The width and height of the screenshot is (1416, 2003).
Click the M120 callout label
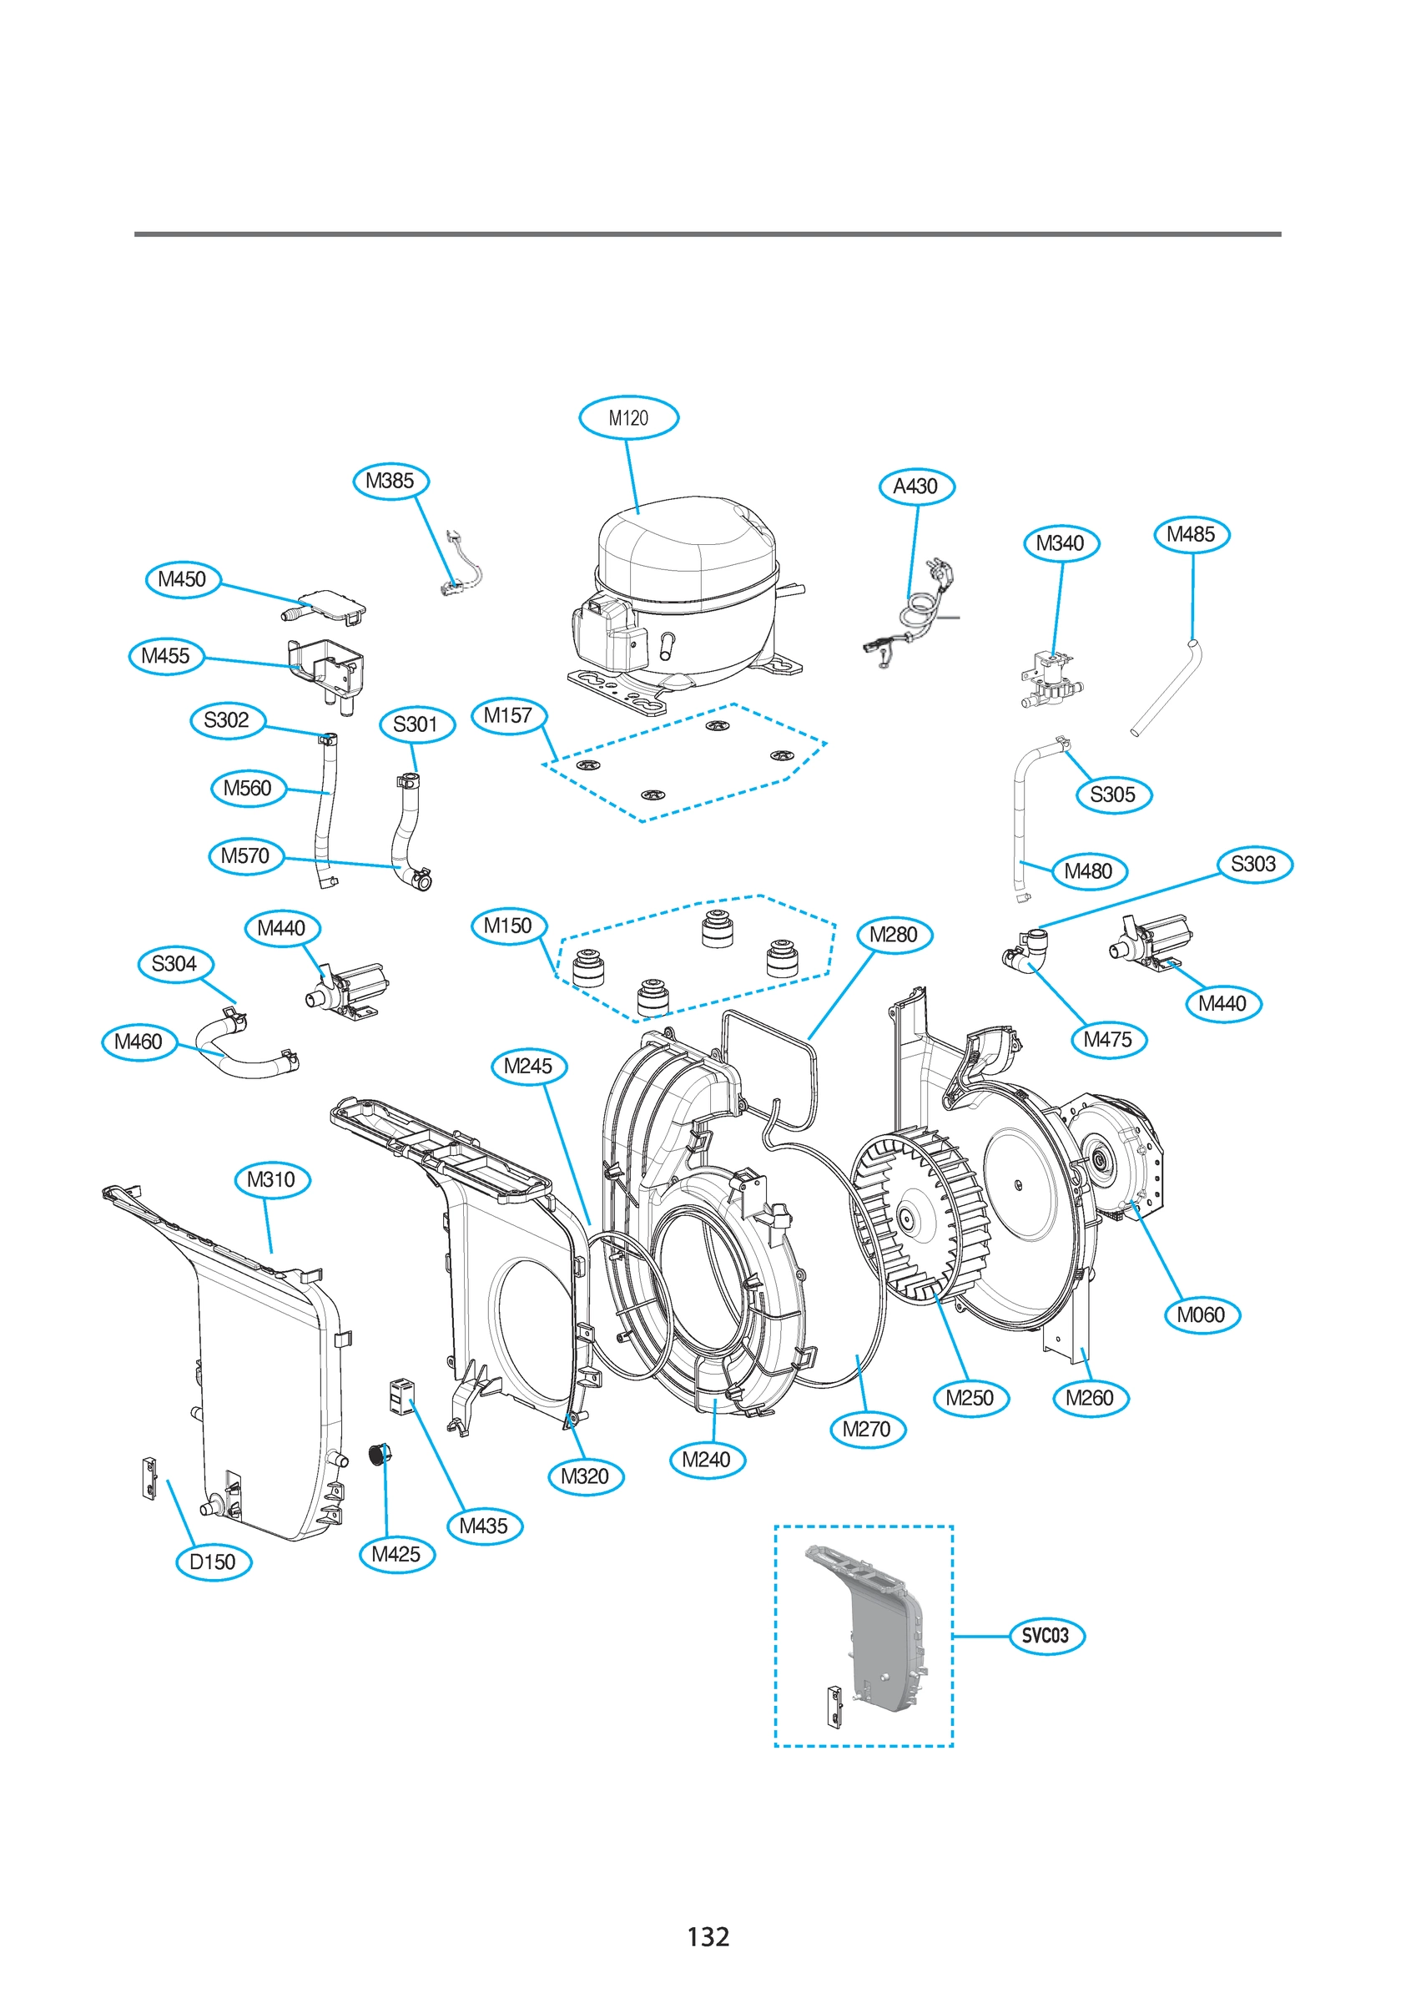coord(628,418)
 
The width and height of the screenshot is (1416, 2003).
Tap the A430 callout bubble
coord(916,486)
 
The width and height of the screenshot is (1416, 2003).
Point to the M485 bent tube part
coord(1168,689)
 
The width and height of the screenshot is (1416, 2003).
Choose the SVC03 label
coord(1046,1636)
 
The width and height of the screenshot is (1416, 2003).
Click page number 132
coord(708,1938)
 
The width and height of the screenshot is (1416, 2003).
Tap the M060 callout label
coord(1201,1314)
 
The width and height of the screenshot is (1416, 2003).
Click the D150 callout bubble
coord(213,1562)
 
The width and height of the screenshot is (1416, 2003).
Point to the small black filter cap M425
coord(378,1455)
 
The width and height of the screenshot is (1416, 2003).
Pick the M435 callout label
coord(483,1526)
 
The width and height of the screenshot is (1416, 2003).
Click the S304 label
coord(174,964)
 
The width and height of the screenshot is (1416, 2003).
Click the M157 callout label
coord(508,715)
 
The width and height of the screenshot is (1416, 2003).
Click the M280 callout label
coord(894,936)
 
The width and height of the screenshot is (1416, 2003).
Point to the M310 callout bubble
coord(271,1179)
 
